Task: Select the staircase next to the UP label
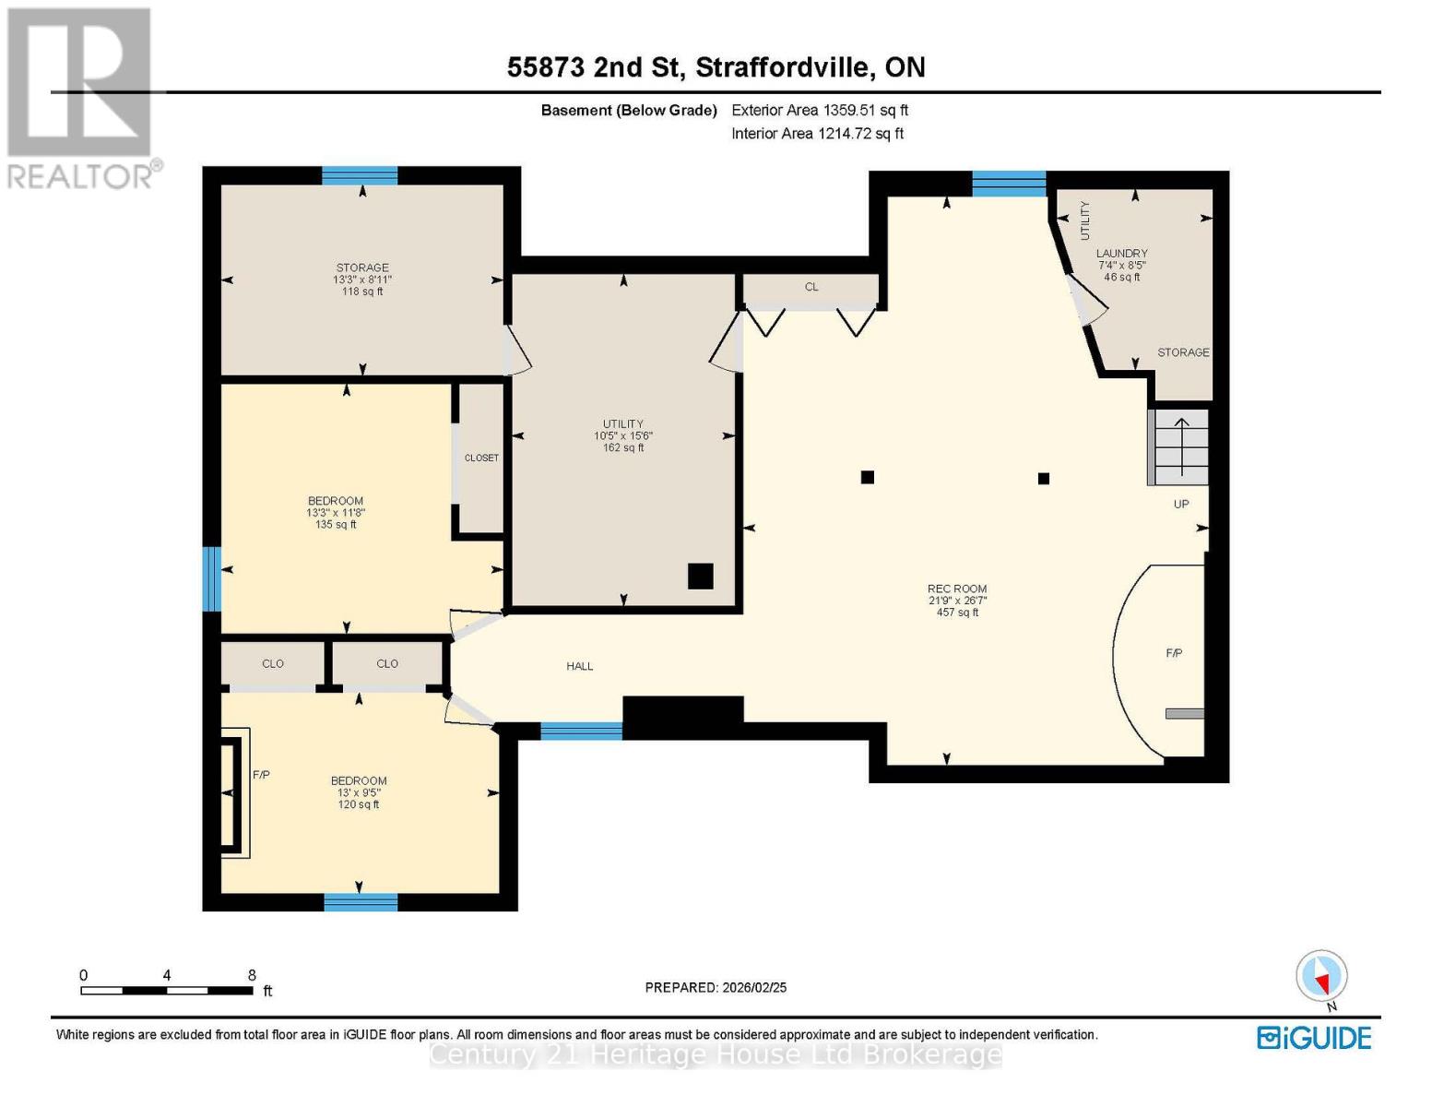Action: point(1178,446)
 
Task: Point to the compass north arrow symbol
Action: point(1322,976)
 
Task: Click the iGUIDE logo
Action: point(1314,1038)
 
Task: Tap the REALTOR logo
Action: point(81,97)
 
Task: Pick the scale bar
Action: point(167,991)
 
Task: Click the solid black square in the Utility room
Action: point(700,576)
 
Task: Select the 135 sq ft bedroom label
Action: point(336,512)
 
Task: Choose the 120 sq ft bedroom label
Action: point(359,792)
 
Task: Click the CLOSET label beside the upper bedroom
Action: point(481,458)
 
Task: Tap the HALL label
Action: point(580,666)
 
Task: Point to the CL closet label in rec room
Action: point(811,287)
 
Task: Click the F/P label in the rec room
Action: point(1174,653)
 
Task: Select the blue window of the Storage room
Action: point(360,175)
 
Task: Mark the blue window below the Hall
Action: point(581,732)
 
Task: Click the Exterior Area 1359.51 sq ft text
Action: point(820,110)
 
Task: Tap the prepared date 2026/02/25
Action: point(716,987)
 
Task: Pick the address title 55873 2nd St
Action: point(716,67)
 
